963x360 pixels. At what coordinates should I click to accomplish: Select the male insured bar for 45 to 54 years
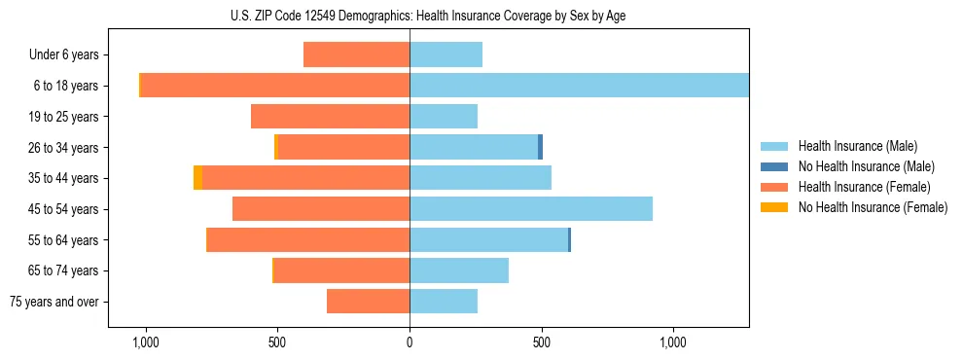531,209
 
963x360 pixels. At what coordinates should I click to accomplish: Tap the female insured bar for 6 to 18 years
275,86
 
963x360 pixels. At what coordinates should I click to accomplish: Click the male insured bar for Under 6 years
446,54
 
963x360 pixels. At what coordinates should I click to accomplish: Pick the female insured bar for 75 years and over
368,302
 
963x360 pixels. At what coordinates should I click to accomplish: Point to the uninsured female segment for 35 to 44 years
197,178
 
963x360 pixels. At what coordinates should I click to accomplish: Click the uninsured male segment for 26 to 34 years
540,147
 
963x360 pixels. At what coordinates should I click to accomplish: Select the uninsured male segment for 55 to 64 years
569,239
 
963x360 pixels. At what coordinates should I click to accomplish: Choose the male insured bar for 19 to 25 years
444,117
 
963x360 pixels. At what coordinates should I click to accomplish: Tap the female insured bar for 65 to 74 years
341,270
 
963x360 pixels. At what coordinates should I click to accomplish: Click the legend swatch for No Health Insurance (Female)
774,207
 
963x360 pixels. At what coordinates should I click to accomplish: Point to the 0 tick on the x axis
410,342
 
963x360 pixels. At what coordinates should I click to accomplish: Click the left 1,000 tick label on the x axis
145,342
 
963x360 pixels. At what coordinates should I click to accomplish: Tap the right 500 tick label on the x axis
542,342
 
